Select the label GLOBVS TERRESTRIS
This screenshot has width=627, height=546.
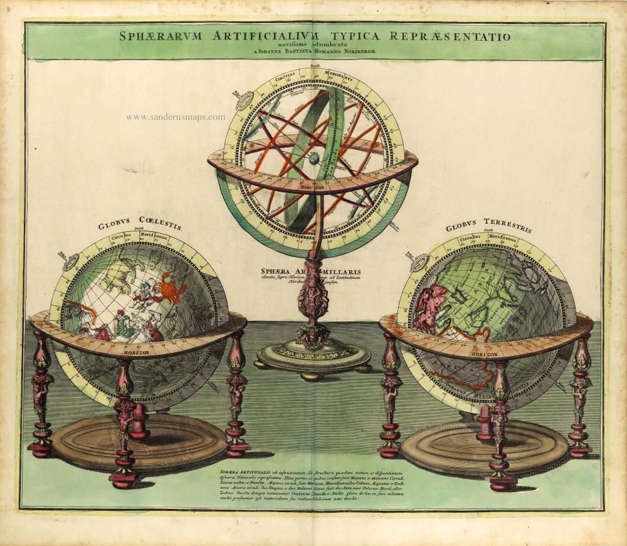tap(488, 225)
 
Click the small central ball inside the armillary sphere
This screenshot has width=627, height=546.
tap(313, 159)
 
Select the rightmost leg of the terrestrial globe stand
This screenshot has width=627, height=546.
tap(581, 395)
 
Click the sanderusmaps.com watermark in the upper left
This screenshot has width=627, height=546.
tap(175, 117)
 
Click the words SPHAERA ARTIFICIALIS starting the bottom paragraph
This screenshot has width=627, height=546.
tap(241, 470)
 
